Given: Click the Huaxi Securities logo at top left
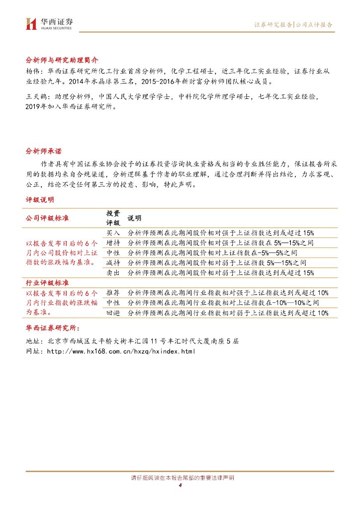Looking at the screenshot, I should pos(49,23).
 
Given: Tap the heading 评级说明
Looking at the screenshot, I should pos(40,200).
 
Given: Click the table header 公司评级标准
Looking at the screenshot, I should pos(47,218).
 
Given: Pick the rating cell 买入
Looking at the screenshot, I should pos(113,233).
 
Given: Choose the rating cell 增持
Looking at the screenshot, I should pos(113,243).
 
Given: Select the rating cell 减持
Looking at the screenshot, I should pos(113,262).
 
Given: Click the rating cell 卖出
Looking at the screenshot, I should pos(113,272).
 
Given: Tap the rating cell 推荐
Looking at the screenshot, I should pos(113,292).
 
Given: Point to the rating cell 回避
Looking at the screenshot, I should pos(113,313).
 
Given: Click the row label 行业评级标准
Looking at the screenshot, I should pos(47,283).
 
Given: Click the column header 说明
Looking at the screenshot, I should pos(134,218).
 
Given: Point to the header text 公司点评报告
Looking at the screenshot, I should pos(314,24).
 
